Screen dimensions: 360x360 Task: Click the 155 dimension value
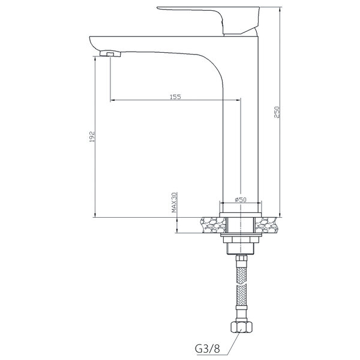pyautogui.click(x=175, y=97)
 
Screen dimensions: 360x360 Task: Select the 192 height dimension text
pyautogui.click(x=92, y=136)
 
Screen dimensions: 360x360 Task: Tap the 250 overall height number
pyautogui.click(x=277, y=112)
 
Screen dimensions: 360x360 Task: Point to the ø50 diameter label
pyautogui.click(x=241, y=200)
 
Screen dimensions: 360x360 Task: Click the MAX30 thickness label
pyautogui.click(x=175, y=202)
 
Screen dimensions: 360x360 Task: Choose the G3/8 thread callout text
pyautogui.click(x=208, y=349)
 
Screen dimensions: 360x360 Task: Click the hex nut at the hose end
pyautogui.click(x=241, y=327)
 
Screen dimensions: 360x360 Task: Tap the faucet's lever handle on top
pyautogui.click(x=208, y=20)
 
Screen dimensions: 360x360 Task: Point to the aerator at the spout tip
pyautogui.click(x=110, y=54)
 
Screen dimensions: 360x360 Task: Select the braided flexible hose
pyautogui.click(x=241, y=287)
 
